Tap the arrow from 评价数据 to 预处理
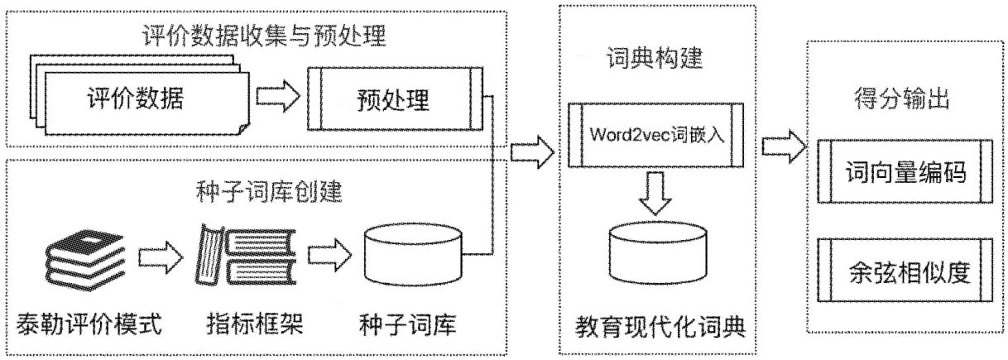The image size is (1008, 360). pos(276,97)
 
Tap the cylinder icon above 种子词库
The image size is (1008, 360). pos(411,252)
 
